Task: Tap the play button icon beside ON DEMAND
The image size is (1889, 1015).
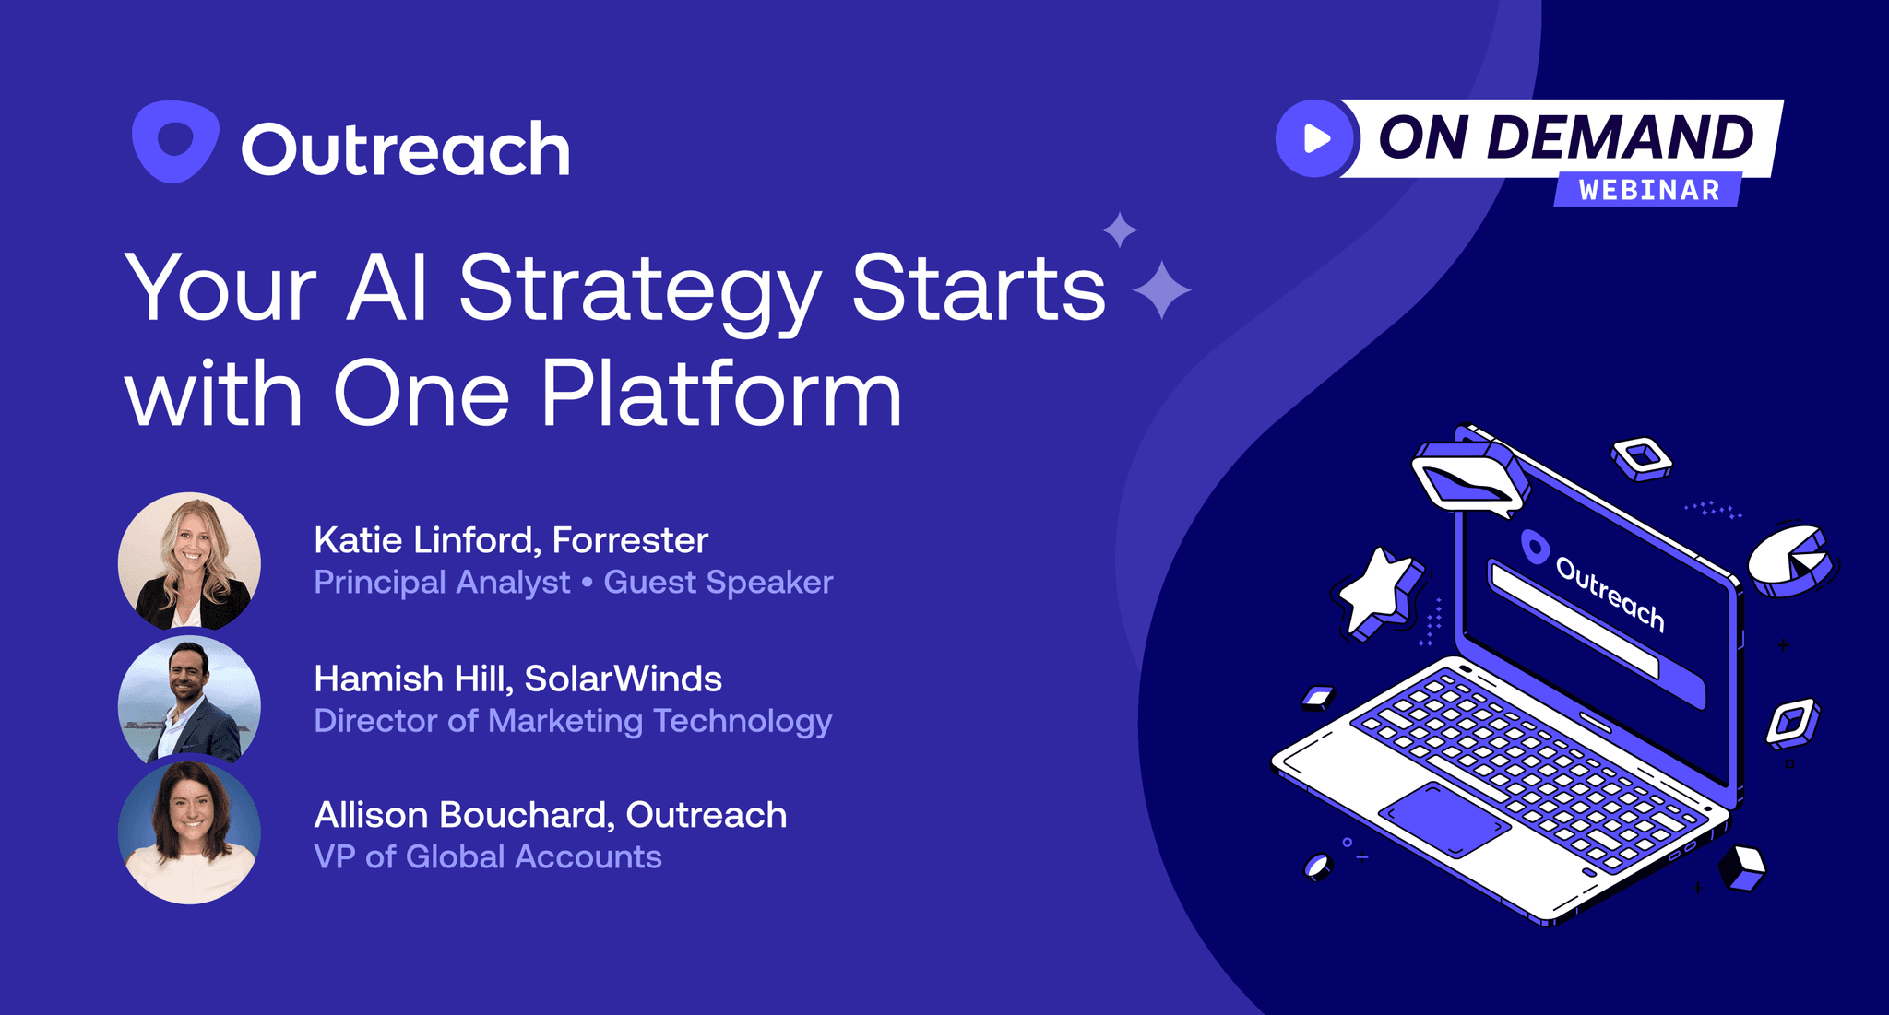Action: tap(1315, 138)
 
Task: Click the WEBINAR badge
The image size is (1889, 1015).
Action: tap(1648, 190)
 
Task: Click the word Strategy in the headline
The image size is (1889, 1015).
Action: tap(638, 290)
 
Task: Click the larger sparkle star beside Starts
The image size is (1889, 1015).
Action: tap(1161, 290)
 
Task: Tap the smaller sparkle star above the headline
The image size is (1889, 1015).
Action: tap(1120, 230)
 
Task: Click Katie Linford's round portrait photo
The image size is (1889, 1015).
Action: tap(189, 561)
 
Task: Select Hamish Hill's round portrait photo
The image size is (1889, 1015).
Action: tap(189, 701)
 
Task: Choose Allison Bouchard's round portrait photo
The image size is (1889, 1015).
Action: tap(189, 832)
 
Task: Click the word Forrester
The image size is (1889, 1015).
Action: tap(630, 540)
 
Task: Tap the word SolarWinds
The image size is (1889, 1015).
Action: tap(623, 679)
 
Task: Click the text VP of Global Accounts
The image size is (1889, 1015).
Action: tap(487, 857)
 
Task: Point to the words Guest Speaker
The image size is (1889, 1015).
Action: tap(718, 583)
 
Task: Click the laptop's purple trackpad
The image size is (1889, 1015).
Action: tap(1443, 820)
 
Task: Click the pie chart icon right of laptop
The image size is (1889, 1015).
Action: tap(1790, 560)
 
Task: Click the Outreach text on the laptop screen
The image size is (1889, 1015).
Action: tap(1610, 594)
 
